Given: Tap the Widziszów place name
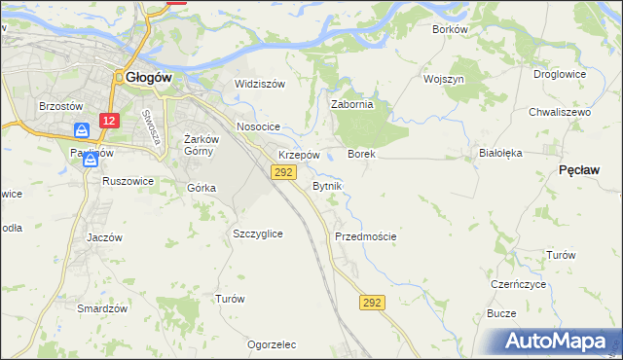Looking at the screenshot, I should [259, 84].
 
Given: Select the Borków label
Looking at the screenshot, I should [451, 29].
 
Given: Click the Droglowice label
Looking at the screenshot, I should [560, 74].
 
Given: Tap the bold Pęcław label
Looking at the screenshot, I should [579, 169].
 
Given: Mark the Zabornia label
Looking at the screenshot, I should [352, 105].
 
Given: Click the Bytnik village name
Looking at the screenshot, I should [327, 185].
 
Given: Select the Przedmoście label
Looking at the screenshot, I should [365, 236].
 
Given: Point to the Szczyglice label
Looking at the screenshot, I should [258, 234].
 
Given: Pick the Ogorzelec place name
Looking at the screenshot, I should [272, 344].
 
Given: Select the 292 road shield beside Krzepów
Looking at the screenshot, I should [282, 172].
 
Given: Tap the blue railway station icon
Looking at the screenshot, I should [83, 130].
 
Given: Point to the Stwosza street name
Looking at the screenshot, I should [150, 127].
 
